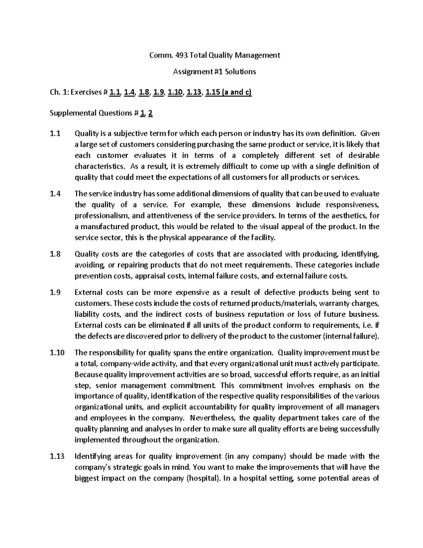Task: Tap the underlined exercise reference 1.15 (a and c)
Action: pos(228,92)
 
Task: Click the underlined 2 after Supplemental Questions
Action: pos(151,113)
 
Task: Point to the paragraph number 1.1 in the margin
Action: pos(55,134)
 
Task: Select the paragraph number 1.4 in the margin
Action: pos(55,194)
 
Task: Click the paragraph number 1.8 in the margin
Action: pos(55,254)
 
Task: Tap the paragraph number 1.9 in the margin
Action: pos(55,292)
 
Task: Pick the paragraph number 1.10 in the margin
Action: pos(57,353)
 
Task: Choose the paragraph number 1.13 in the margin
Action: pos(57,456)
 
